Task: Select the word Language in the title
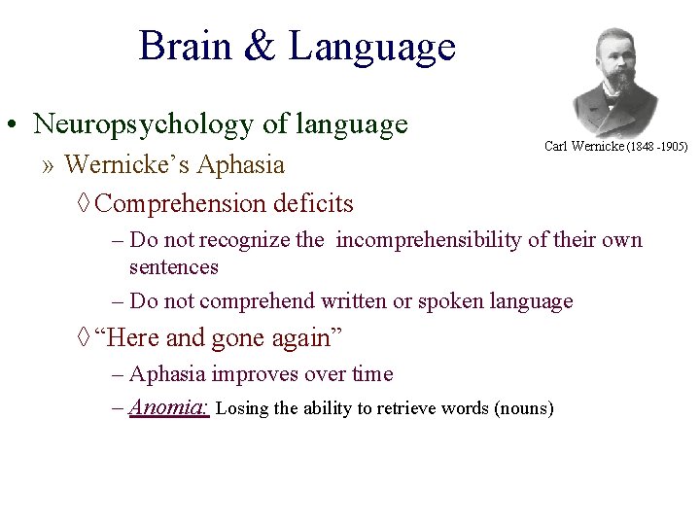click(371, 47)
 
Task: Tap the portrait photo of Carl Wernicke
click(616, 83)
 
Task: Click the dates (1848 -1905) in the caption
click(656, 147)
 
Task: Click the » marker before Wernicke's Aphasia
click(49, 164)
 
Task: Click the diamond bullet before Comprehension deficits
click(84, 204)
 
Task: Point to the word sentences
click(174, 266)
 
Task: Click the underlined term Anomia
click(169, 407)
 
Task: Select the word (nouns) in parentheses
click(524, 408)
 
